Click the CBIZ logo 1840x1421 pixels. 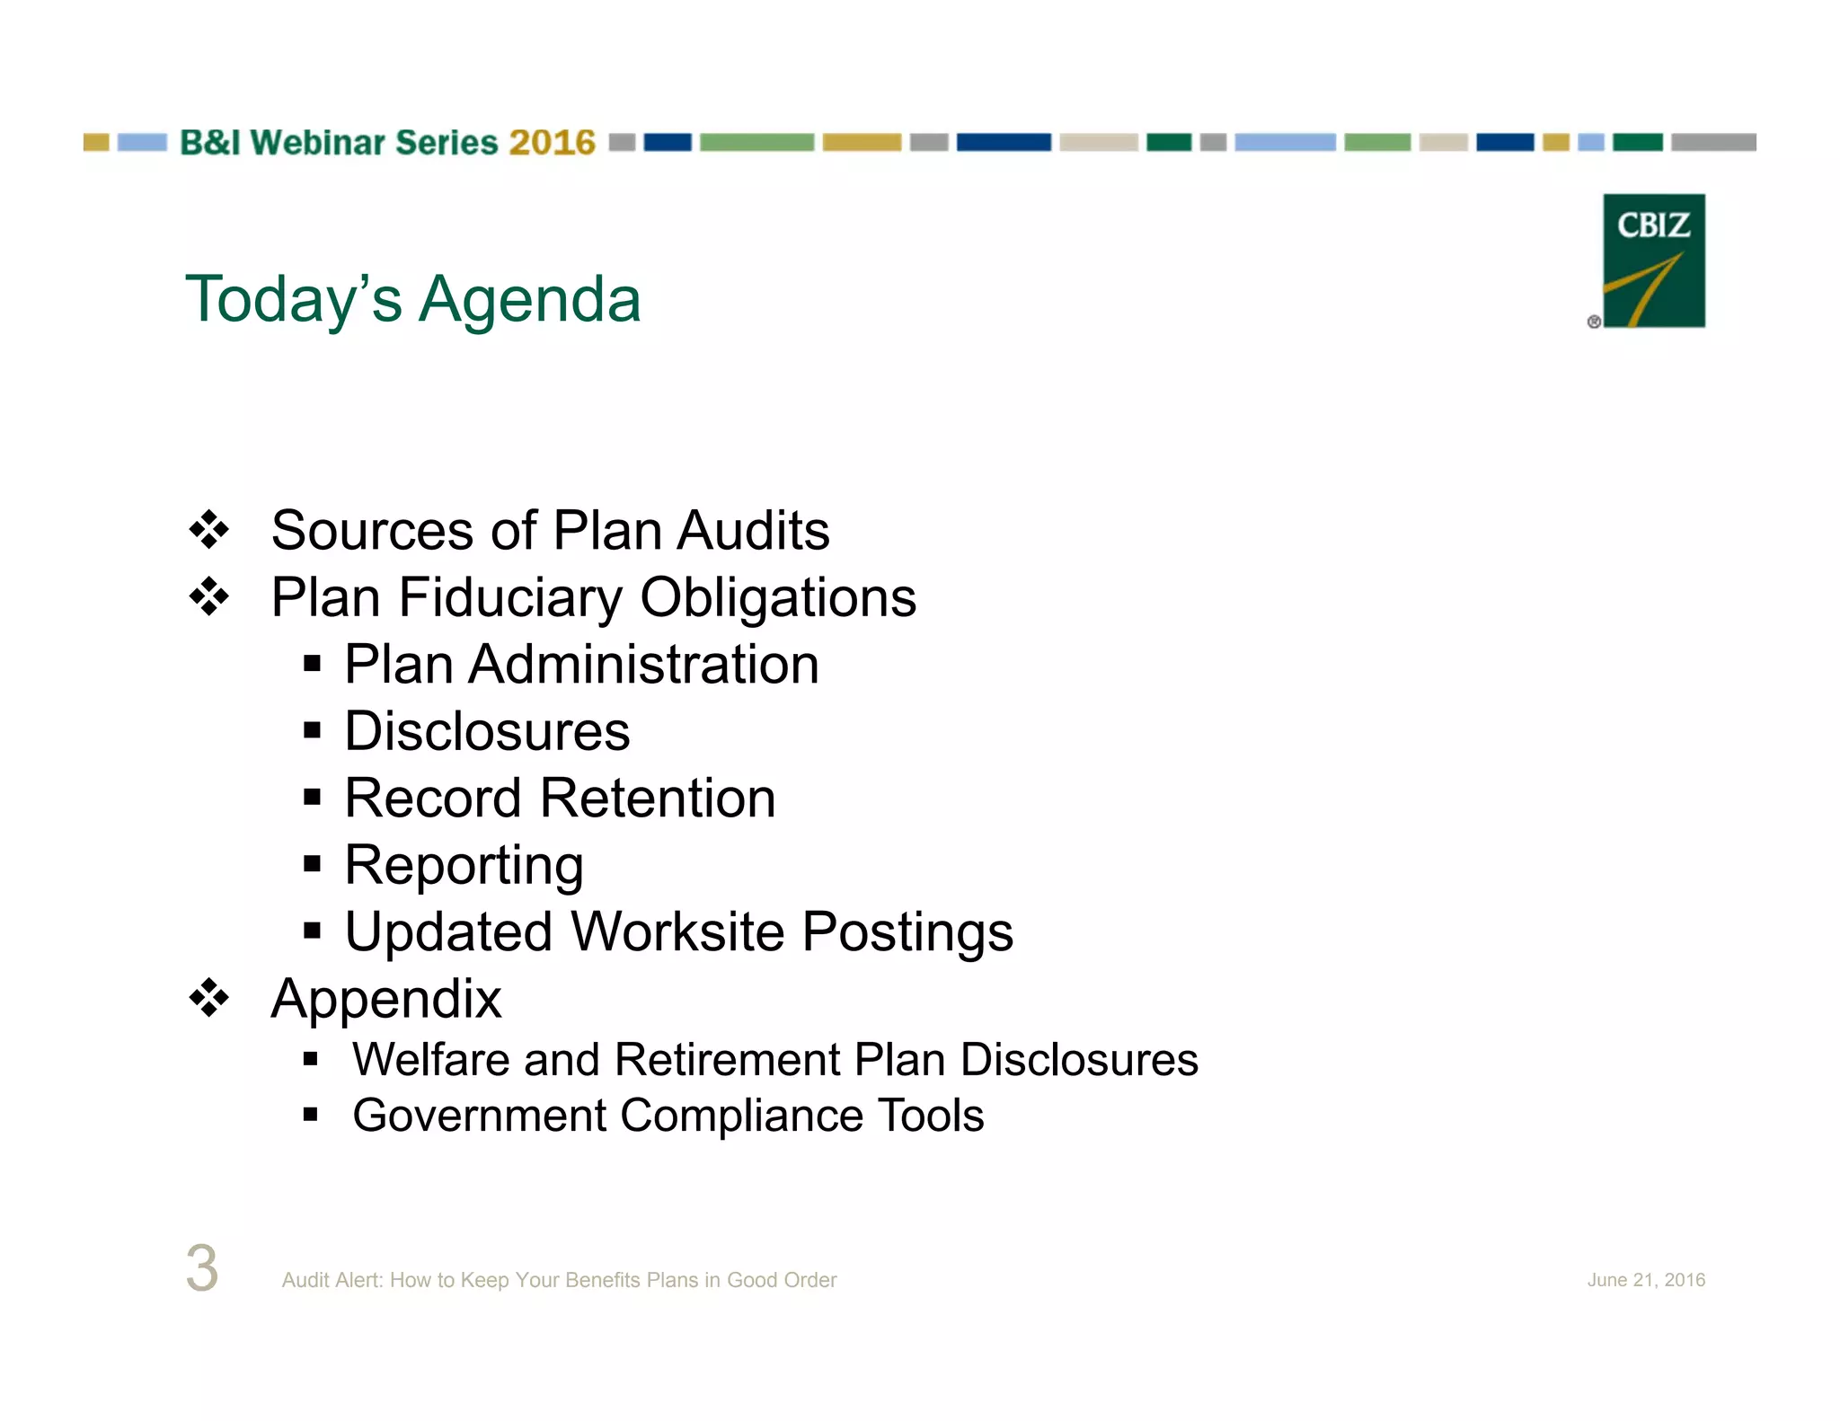pos(1654,260)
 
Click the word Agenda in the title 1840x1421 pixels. pos(530,299)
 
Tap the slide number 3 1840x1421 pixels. pos(202,1267)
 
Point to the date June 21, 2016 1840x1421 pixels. pos(1645,1280)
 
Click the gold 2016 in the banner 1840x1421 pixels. pos(552,143)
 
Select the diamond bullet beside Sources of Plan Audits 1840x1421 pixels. pos(209,530)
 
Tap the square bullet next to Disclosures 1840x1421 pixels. pos(312,730)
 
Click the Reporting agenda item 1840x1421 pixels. pos(464,865)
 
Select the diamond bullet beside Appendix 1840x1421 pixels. pos(209,998)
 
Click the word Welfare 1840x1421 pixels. pos(430,1059)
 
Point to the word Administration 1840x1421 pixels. pos(643,665)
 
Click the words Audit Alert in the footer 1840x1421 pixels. pos(332,1280)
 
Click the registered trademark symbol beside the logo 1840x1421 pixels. pos(1594,322)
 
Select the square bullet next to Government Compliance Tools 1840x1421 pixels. pos(311,1116)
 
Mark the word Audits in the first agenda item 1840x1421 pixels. pos(753,530)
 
